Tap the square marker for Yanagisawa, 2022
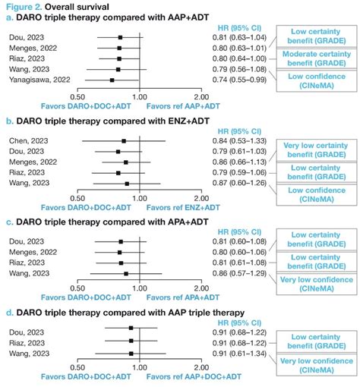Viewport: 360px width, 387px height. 112,80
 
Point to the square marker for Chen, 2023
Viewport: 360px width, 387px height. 124,140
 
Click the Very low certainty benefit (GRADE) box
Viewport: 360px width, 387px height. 316,147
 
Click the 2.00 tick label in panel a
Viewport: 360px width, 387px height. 201,97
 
